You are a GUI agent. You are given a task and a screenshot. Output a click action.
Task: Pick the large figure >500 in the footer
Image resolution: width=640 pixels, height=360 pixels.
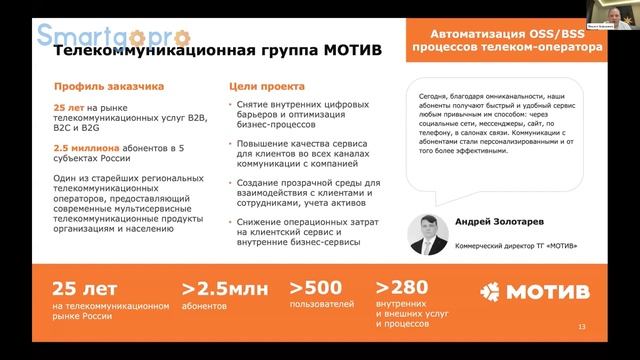click(315, 288)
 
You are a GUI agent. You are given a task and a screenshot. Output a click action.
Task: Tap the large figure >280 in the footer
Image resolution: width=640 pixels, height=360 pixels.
click(403, 288)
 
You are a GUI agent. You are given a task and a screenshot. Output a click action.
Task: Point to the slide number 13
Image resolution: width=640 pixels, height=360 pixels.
click(583, 328)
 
